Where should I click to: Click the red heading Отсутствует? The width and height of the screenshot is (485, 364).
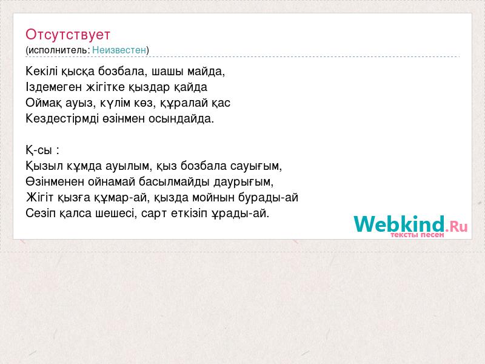[68, 35]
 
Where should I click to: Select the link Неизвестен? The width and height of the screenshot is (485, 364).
[119, 50]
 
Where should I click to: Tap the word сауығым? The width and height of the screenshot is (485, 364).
[256, 166]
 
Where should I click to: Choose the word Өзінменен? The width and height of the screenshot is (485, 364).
[55, 181]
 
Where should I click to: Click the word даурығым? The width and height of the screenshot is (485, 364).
[244, 181]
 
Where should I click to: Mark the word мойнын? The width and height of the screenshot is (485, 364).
[213, 197]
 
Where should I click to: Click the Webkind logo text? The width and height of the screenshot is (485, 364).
[399, 224]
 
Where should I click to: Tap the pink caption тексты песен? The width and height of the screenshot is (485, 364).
[417, 235]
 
